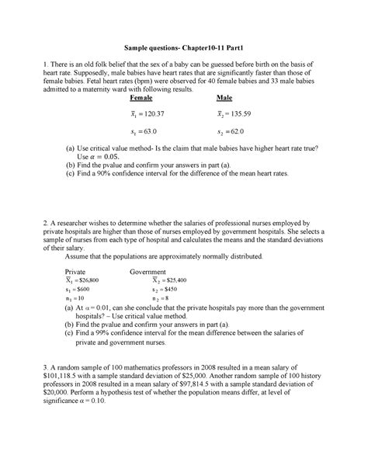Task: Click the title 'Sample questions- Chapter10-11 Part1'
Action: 183,47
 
